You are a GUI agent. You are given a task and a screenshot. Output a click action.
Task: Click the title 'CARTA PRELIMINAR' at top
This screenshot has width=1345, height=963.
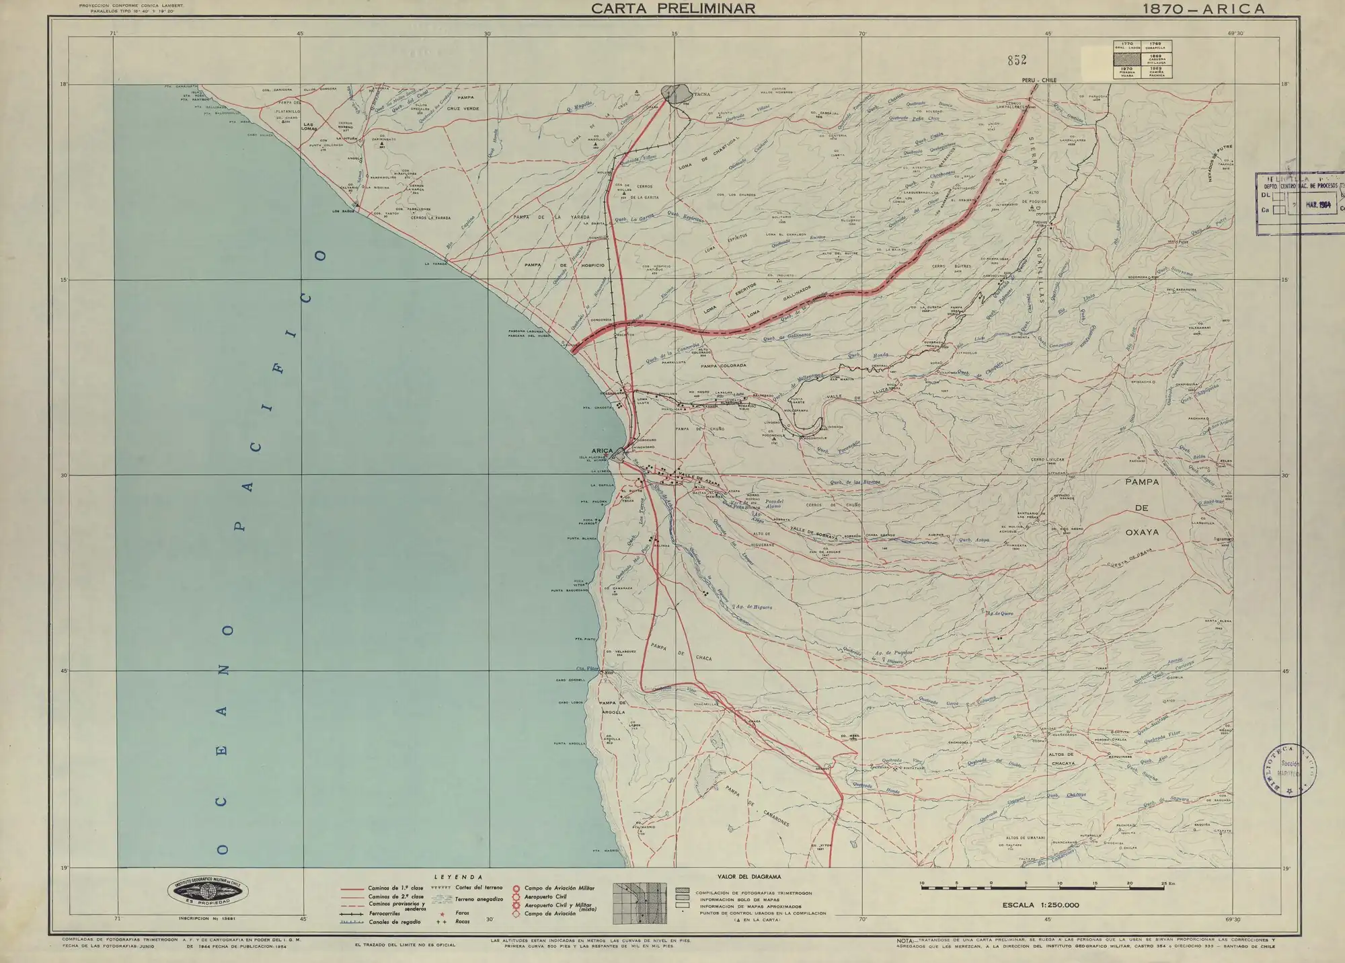(x=672, y=9)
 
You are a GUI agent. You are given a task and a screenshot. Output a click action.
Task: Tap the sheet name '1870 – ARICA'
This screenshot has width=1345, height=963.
(x=1203, y=9)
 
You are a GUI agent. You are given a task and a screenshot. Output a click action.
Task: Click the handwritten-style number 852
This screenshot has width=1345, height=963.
(x=1017, y=61)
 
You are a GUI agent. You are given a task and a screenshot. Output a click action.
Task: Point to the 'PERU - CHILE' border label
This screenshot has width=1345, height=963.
(x=1039, y=80)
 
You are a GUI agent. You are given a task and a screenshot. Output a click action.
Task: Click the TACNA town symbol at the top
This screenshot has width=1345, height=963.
(x=677, y=93)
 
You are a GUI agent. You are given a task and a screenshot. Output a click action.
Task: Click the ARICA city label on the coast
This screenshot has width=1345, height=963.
(x=602, y=451)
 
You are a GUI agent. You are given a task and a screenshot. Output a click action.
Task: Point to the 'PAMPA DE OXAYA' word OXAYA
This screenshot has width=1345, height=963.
(x=1142, y=532)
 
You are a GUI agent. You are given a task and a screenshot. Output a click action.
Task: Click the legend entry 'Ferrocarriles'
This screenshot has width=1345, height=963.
(x=384, y=914)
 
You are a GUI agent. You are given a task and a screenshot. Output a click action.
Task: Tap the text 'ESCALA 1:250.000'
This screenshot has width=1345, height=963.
(x=1040, y=905)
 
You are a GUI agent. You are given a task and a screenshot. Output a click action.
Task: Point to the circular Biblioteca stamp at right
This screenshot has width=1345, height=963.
(x=1290, y=770)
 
